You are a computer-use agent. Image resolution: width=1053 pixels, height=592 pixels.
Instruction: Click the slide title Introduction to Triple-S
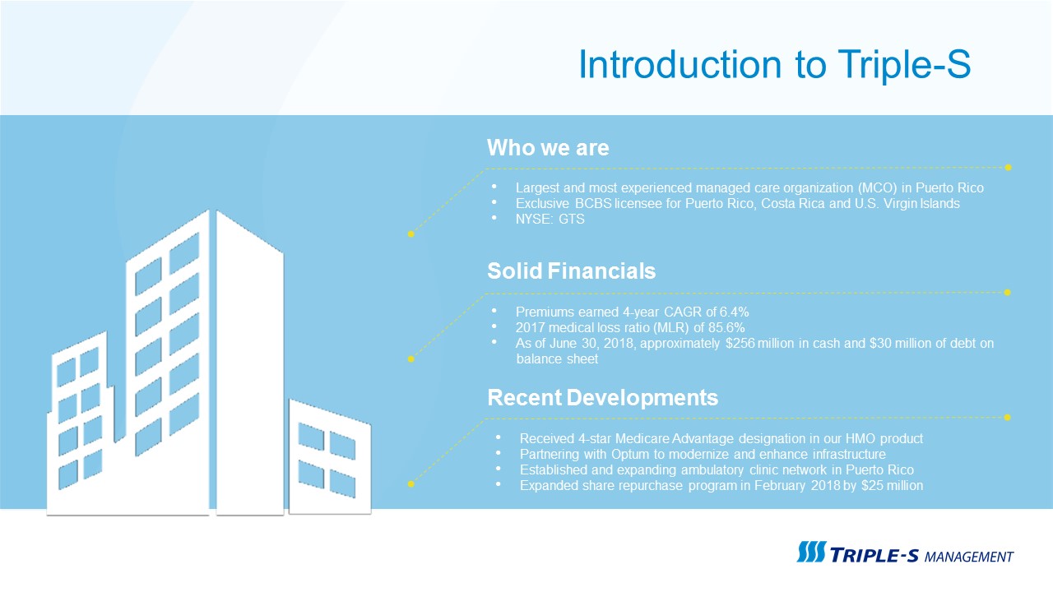[x=775, y=64]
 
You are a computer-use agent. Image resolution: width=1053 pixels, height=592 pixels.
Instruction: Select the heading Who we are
[x=548, y=148]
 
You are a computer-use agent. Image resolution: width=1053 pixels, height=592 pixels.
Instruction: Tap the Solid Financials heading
[x=571, y=271]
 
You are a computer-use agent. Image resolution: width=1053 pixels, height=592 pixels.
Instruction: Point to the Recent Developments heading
[x=603, y=397]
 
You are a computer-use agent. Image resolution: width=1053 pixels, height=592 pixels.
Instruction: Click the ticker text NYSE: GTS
[x=550, y=220]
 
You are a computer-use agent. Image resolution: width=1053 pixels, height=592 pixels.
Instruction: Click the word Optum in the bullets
[x=630, y=455]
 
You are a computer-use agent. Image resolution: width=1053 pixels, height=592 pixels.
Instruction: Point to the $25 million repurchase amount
[x=893, y=485]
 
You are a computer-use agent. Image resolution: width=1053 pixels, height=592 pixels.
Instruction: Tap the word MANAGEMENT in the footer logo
[x=969, y=557]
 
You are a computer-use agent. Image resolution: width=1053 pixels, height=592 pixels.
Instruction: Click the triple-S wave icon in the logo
[x=811, y=552]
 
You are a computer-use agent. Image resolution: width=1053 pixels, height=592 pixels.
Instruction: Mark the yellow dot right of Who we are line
[x=1008, y=167]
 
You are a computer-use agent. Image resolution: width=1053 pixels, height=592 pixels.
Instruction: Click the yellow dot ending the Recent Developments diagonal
[x=411, y=484]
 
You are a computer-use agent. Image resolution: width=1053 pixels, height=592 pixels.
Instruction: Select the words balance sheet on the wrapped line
[x=557, y=359]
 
